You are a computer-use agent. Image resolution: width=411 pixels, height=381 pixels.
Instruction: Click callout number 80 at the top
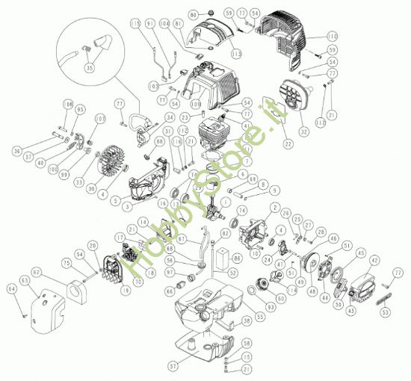coord(193,16)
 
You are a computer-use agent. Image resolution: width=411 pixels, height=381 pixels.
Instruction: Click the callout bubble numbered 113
coord(237,55)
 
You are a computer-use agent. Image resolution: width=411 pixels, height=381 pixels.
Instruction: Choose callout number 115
coord(135,24)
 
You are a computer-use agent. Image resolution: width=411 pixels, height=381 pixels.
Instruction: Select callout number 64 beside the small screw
coord(11,288)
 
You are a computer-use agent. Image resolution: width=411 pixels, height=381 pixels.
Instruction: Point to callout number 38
coord(247,321)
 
